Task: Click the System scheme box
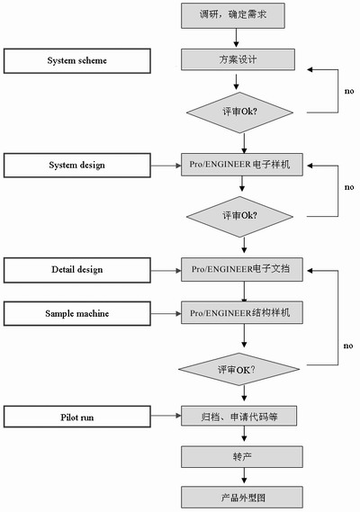pos(77,60)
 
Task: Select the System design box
pos(77,166)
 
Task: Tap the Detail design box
pos(77,270)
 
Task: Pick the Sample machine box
pos(77,313)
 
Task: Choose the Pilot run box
pos(77,417)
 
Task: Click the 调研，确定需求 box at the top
pos(233,15)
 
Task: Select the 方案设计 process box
pos(238,59)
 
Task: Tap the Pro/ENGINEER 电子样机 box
pos(242,165)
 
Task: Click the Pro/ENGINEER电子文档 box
pos(242,269)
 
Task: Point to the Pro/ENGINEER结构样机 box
pos(242,313)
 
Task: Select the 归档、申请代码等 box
pos(238,416)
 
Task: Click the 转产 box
pos(242,457)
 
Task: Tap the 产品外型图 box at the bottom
pos(242,498)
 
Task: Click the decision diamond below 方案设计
pos(239,112)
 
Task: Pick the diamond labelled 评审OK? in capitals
pos(238,369)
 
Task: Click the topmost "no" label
pos(349,91)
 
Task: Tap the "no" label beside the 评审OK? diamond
pos(348,346)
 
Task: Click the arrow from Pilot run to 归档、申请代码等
pos(166,416)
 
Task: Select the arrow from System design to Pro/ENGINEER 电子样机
pos(166,166)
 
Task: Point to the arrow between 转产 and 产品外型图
pos(244,476)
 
